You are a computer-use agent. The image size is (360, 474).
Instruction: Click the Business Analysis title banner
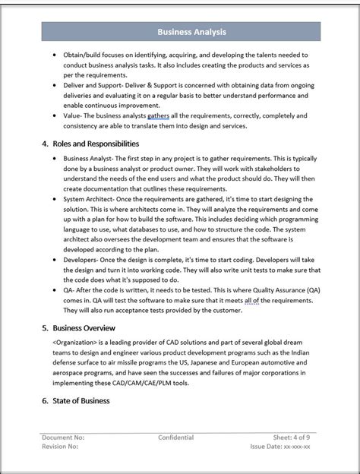point(191,32)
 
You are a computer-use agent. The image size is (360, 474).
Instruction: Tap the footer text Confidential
point(175,438)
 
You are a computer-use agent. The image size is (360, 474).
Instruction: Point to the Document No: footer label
point(63,438)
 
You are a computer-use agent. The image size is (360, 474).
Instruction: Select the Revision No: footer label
point(61,447)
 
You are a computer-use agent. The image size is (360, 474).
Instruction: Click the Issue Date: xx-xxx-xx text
point(284,447)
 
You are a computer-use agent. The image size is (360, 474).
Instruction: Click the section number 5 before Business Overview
point(46,328)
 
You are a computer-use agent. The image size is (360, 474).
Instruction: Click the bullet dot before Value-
point(55,115)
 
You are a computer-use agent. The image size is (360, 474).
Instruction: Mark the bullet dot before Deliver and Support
point(55,86)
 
